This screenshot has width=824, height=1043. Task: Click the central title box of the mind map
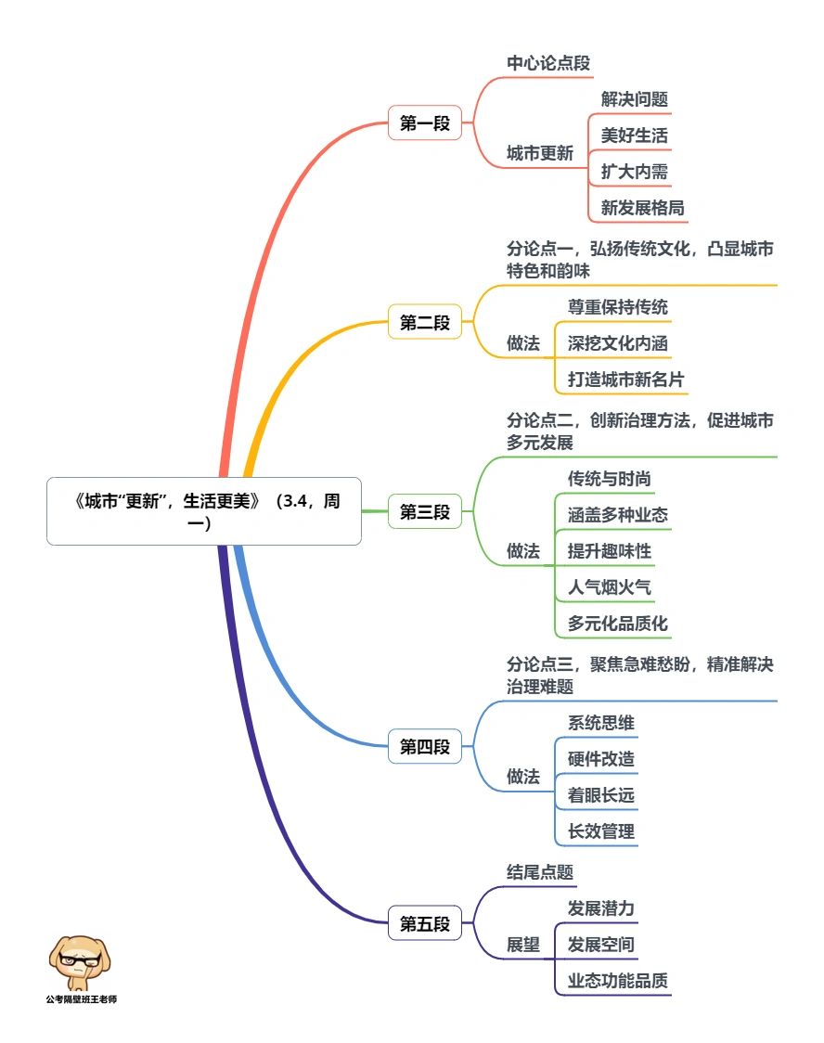pyautogui.click(x=204, y=511)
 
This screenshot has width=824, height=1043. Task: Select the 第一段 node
pyautogui.click(x=424, y=123)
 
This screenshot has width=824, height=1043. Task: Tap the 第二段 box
pyautogui.click(x=424, y=322)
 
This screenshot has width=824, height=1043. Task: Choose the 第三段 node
pyautogui.click(x=424, y=511)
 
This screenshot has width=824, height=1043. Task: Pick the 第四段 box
pyautogui.click(x=424, y=746)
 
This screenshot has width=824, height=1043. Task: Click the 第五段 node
pyautogui.click(x=424, y=923)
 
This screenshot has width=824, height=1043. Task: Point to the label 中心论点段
pyautogui.click(x=548, y=63)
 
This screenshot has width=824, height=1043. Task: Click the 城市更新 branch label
pyautogui.click(x=539, y=154)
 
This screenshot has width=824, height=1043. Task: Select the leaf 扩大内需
pyautogui.click(x=634, y=172)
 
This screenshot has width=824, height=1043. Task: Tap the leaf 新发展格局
pyautogui.click(x=642, y=208)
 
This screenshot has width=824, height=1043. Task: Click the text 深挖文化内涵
pyautogui.click(x=617, y=343)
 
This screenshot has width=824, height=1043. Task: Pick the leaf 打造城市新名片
pyautogui.click(x=625, y=380)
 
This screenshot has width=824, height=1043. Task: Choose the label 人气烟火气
pyautogui.click(x=609, y=587)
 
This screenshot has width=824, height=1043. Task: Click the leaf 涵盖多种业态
pyautogui.click(x=617, y=515)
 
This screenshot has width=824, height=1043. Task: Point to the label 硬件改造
pyautogui.click(x=600, y=759)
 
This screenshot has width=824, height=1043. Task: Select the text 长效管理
pyautogui.click(x=600, y=831)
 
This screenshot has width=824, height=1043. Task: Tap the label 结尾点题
pyautogui.click(x=539, y=872)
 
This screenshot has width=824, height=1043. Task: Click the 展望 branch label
pyautogui.click(x=522, y=945)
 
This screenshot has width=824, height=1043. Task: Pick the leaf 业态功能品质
pyautogui.click(x=617, y=981)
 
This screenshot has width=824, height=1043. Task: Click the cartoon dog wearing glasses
pyautogui.click(x=80, y=962)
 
